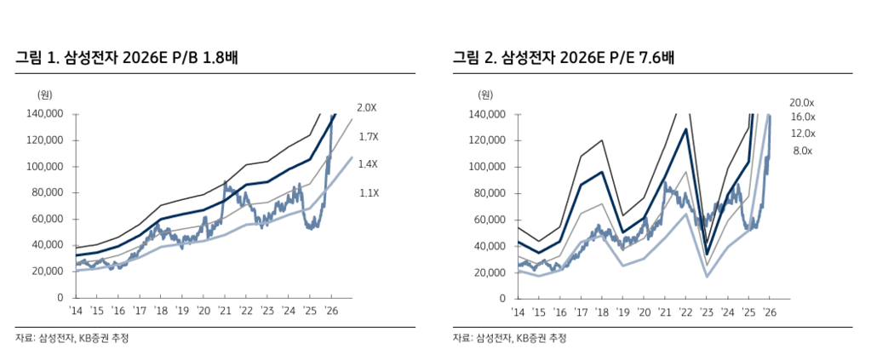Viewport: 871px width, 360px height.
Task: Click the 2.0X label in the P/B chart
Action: [x=367, y=108]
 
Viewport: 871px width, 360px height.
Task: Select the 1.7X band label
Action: [x=368, y=136]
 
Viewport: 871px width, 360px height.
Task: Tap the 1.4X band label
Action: [x=368, y=164]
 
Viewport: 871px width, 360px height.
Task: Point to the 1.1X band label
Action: [x=368, y=193]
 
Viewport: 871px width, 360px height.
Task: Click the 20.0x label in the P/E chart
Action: [x=802, y=102]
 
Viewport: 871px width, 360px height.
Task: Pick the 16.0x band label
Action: [x=802, y=117]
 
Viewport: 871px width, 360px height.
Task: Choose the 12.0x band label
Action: [x=802, y=134]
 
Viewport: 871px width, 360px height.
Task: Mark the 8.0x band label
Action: [x=802, y=151]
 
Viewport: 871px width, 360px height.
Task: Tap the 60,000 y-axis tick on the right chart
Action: [x=488, y=220]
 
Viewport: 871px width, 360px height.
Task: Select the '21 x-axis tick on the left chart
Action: [x=224, y=311]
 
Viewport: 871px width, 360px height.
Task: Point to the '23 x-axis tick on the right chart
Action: [x=707, y=311]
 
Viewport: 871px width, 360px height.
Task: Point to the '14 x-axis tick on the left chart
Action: [x=76, y=311]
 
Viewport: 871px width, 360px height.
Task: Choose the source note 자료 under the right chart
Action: [x=461, y=338]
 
